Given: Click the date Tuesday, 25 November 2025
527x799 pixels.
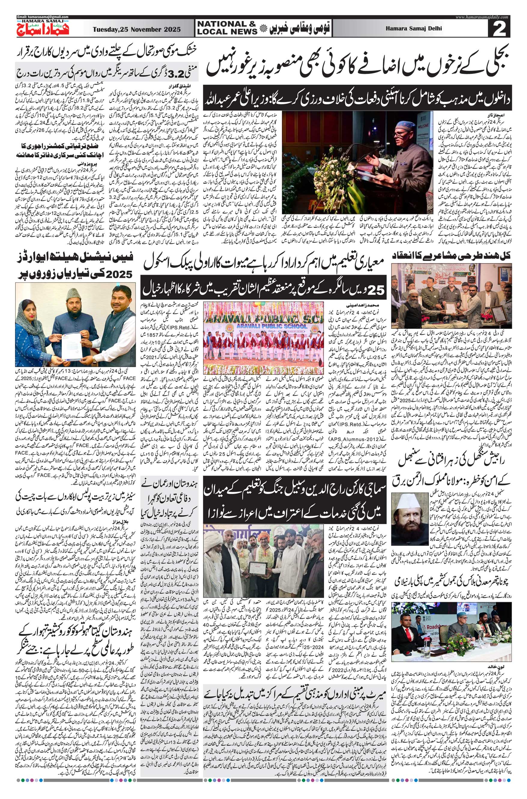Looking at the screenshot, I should pyautogui.click(x=137, y=29).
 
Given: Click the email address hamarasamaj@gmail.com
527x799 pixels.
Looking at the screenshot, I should pyautogui.click(x=43, y=17).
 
